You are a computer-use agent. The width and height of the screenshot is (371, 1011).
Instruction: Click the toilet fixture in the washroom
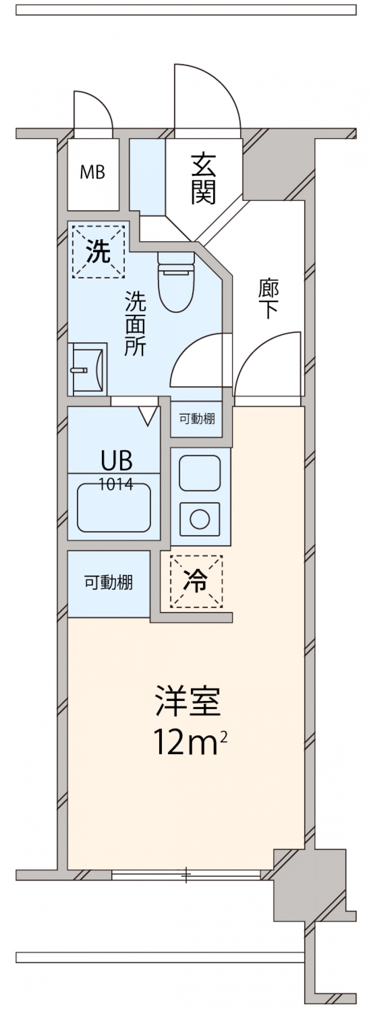(x=177, y=281)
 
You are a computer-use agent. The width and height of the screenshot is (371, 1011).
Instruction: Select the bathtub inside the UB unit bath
(x=114, y=508)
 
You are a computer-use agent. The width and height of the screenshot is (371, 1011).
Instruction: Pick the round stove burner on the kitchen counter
(x=200, y=519)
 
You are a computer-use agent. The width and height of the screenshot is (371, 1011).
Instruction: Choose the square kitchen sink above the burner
(x=200, y=473)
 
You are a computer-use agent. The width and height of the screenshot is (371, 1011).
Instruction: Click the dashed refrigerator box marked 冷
(x=196, y=582)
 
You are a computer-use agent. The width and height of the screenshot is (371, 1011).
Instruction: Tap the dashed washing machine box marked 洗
(x=98, y=252)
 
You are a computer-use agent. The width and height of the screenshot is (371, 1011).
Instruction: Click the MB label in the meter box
(x=93, y=172)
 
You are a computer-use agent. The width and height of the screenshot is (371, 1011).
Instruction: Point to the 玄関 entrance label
(x=204, y=179)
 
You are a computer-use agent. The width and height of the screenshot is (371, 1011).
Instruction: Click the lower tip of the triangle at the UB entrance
(x=148, y=425)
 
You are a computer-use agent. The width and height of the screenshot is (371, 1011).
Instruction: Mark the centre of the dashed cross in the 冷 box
(x=196, y=582)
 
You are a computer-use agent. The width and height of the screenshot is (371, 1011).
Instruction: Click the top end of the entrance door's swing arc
(x=175, y=64)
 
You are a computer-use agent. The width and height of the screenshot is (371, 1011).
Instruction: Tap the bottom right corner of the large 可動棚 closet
(x=150, y=617)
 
